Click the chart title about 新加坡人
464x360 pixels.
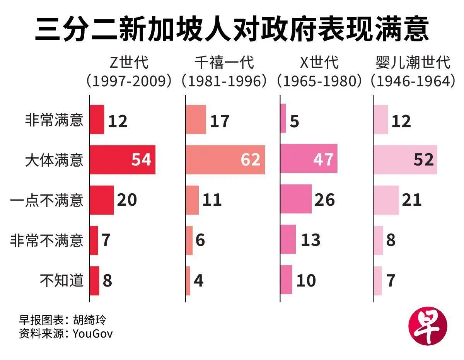[x=232, y=29]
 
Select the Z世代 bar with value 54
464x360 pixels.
[x=122, y=160]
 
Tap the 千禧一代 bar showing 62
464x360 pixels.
[x=225, y=160]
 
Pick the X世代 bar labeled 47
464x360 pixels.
[x=309, y=159]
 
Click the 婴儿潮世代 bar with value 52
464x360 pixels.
[x=405, y=160]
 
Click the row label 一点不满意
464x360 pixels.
[x=47, y=200]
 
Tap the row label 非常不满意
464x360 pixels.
[x=47, y=240]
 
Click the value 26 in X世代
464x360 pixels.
[x=325, y=200]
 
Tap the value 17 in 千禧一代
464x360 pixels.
[x=220, y=121]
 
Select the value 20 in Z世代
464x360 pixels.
[x=127, y=200]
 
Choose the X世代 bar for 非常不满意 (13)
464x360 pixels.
[x=288, y=239]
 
